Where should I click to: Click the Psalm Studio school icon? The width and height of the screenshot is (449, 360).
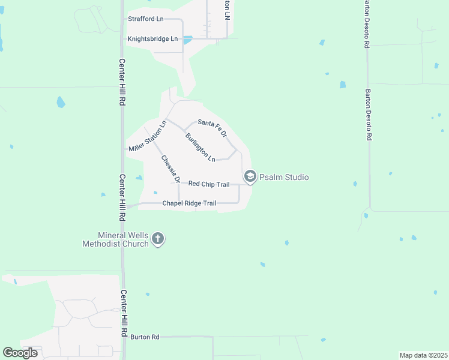tap(250, 176)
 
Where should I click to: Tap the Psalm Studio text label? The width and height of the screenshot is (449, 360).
tap(285, 177)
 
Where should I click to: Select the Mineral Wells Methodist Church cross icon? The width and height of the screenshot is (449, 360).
tap(158, 239)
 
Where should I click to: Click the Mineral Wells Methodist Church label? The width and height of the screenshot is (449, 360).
tap(115, 239)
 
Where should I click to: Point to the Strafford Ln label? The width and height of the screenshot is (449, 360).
tap(146, 19)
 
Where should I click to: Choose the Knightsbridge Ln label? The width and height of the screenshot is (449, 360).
tap(152, 39)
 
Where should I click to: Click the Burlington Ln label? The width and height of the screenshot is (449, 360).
tap(200, 148)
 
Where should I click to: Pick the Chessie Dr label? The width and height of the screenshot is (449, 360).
tap(170, 169)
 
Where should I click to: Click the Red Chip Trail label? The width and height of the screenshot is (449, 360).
tap(209, 184)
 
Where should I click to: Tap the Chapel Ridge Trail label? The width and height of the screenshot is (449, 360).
tap(189, 203)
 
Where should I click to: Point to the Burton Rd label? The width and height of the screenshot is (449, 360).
tap(145, 337)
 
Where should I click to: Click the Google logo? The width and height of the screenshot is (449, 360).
tap(20, 353)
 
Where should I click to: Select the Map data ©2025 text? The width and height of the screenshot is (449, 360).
tap(423, 355)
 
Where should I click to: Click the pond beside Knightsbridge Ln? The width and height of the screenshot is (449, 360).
tap(187, 40)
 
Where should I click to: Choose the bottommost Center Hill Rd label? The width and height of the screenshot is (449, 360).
tap(124, 312)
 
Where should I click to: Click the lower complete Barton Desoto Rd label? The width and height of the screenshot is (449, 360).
tap(369, 115)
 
